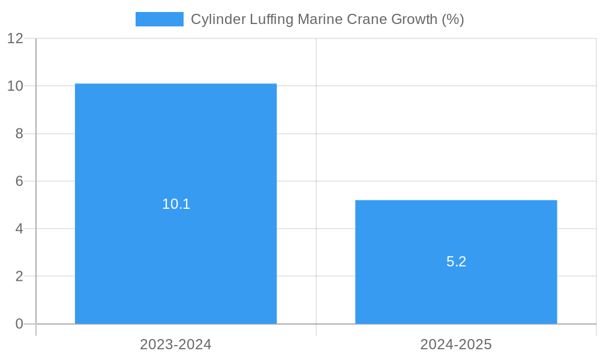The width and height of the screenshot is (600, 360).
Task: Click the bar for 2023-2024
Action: pyautogui.click(x=176, y=150)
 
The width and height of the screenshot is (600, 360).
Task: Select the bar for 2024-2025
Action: pyautogui.click(x=456, y=228)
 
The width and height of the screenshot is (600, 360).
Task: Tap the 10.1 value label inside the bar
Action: pyautogui.click(x=176, y=204)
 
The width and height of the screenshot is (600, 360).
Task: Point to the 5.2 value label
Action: pyautogui.click(x=456, y=262)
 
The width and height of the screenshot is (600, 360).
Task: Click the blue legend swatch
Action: pyautogui.click(x=160, y=19)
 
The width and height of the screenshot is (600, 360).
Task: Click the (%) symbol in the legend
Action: pyautogui.click(x=453, y=19)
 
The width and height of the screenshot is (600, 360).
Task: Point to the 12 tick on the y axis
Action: pyautogui.click(x=15, y=38)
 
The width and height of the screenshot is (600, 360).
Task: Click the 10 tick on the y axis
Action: pyautogui.click(x=15, y=86)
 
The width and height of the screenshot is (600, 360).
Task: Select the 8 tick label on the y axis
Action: pyautogui.click(x=19, y=133)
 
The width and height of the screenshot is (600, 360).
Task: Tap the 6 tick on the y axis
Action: pyautogui.click(x=19, y=181)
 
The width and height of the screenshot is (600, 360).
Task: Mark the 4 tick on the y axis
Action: pyautogui.click(x=19, y=229)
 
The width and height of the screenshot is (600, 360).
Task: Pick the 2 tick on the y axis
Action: pyautogui.click(x=19, y=276)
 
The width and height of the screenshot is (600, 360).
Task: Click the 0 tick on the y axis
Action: pyautogui.click(x=19, y=324)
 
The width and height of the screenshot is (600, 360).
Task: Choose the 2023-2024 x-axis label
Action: pyautogui.click(x=176, y=344)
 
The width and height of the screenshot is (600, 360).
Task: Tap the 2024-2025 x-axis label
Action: pyautogui.click(x=456, y=344)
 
